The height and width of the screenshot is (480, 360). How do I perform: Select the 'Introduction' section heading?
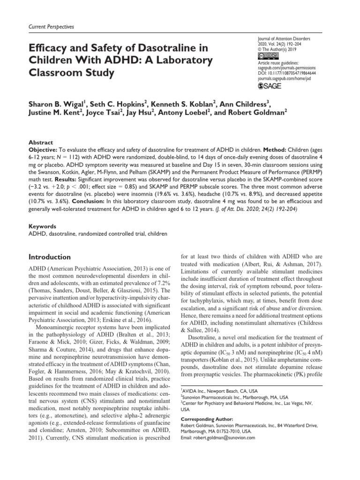pos(50,257)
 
